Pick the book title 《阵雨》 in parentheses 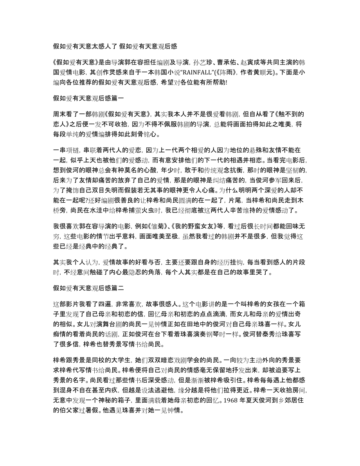[241, 72]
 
